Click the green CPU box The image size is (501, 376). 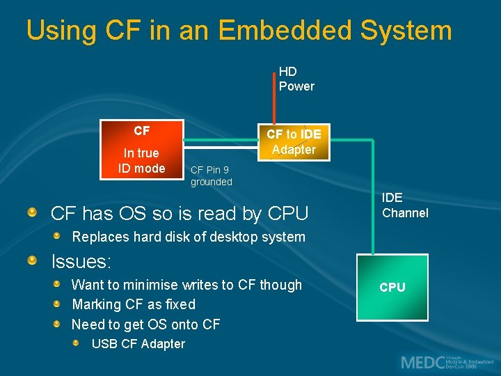[392, 287]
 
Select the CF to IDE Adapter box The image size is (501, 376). [294, 141]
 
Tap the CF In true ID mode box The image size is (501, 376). [141, 150]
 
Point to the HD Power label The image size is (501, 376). [296, 79]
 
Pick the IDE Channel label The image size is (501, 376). [405, 205]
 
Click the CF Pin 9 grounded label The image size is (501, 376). [212, 175]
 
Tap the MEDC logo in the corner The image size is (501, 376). [445, 361]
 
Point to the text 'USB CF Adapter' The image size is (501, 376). [138, 343]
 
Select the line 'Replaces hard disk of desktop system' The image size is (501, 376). [189, 237]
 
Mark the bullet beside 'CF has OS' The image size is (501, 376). [33, 212]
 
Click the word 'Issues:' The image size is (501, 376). [81, 261]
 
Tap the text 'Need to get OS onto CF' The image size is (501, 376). [145, 324]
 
